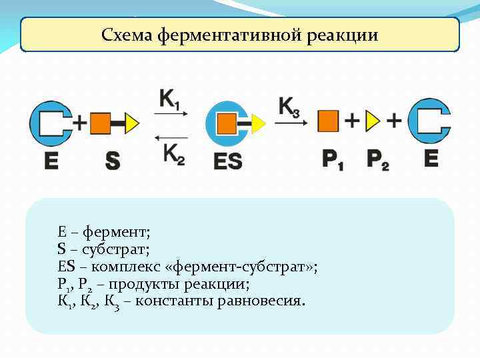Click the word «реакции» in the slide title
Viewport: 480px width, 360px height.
tap(343, 35)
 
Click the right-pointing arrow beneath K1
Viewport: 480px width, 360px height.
tap(171, 115)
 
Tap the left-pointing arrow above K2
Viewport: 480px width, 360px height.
tap(171, 137)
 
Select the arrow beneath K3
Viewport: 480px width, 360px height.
tap(292, 122)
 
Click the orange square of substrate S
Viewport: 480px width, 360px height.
tap(100, 123)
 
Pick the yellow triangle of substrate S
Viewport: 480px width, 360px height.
tap(131, 123)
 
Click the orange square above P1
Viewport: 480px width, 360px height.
tap(328, 121)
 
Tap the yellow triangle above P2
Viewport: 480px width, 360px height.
tap(373, 121)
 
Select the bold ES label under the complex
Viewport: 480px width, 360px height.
tap(228, 161)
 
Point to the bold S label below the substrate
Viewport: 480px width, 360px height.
tap(113, 160)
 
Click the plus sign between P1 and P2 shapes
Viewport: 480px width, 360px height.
tap(351, 121)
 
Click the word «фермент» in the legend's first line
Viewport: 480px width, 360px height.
tap(122, 233)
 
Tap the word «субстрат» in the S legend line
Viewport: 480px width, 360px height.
tap(120, 250)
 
